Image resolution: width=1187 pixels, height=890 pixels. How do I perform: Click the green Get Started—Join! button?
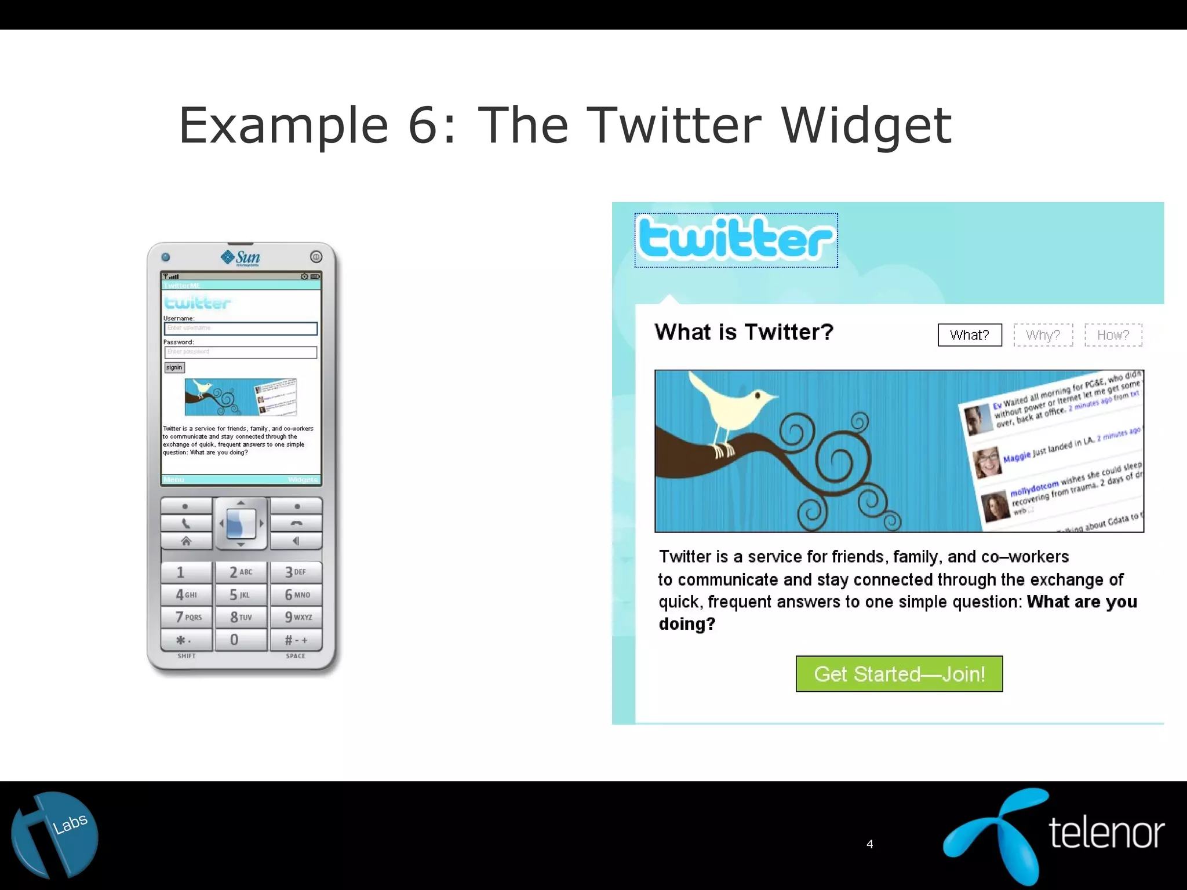coord(899,674)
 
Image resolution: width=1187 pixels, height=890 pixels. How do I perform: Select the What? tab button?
coord(970,335)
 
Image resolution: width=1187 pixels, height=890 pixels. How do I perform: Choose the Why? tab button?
coord(1043,335)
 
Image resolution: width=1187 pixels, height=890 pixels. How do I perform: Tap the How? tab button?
coord(1113,335)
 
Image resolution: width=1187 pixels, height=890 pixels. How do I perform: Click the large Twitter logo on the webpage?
coord(735,240)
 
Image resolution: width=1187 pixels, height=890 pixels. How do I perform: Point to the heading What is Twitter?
coord(744,332)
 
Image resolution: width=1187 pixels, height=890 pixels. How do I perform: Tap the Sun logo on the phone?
coord(241,257)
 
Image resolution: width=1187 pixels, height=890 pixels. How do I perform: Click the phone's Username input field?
coord(241,329)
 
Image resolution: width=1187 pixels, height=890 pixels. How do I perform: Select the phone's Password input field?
coord(241,352)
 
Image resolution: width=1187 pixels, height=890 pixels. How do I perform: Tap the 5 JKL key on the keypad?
coord(240,594)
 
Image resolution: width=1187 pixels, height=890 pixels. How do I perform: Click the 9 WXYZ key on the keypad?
coord(297,617)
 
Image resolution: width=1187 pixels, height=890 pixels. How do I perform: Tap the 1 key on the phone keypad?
coord(185,572)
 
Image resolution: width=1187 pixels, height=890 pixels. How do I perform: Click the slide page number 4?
coord(869,844)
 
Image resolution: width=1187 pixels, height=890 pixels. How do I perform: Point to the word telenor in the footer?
coord(1106,833)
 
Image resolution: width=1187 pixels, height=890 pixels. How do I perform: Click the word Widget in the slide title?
coord(866,125)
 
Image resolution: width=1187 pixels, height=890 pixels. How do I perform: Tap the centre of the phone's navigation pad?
coord(241,523)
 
